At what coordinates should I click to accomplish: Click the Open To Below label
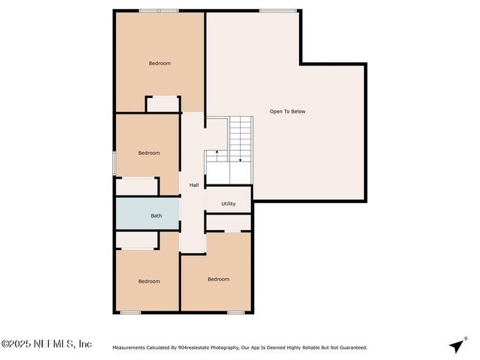287,111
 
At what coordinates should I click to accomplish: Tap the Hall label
194,185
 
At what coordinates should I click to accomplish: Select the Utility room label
228,204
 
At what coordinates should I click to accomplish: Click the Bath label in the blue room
156,215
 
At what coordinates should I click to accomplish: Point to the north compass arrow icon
458,345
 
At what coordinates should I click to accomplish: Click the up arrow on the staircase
217,156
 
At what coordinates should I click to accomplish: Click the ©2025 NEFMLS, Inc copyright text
47,344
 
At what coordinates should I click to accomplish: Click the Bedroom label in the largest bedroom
160,63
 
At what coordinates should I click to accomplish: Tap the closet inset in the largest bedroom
163,104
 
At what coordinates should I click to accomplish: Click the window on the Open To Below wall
278,11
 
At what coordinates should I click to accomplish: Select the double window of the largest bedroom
159,11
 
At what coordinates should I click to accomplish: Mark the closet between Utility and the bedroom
228,222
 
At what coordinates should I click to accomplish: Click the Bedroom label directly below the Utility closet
219,280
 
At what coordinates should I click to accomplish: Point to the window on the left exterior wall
114,164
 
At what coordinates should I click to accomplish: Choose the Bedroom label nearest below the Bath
149,281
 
